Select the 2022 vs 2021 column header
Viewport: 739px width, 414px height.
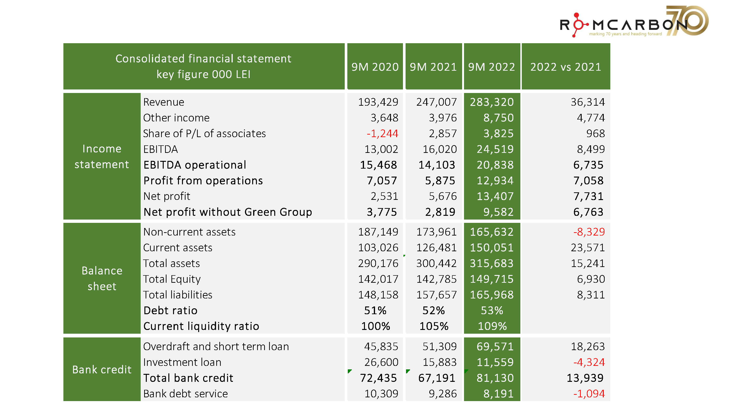click(565, 67)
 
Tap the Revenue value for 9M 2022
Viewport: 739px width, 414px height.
click(491, 102)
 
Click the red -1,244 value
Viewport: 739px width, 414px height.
click(382, 133)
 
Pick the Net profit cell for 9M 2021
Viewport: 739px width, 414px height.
click(442, 196)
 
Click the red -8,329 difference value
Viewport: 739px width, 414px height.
click(589, 232)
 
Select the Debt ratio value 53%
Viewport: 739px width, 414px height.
click(492, 310)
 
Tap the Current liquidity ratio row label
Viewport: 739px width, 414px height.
click(201, 326)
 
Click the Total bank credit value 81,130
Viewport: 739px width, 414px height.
click(495, 378)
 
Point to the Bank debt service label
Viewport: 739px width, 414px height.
click(185, 394)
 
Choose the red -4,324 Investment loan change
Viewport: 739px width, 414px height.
click(589, 362)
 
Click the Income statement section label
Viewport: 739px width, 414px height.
click(102, 157)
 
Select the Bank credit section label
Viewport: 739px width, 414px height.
click(102, 370)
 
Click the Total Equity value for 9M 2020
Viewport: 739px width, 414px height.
click(378, 279)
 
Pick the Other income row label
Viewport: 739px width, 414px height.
click(176, 118)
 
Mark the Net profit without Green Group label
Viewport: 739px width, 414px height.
click(228, 212)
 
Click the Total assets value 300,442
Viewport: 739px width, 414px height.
click(436, 263)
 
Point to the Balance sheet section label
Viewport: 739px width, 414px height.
click(102, 279)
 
